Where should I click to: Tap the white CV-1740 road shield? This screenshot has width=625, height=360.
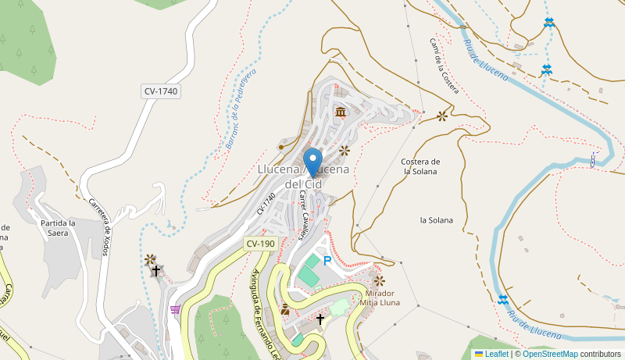pyautogui.click(x=161, y=91)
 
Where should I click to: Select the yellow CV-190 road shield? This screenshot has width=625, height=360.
pyautogui.click(x=260, y=244)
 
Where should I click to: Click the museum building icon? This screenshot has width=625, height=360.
pyautogui.click(x=341, y=112)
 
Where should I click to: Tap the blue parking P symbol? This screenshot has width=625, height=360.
pyautogui.click(x=327, y=262)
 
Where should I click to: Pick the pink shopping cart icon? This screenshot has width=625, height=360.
pyautogui.click(x=175, y=309)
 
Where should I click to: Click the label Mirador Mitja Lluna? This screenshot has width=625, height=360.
pyautogui.click(x=380, y=298)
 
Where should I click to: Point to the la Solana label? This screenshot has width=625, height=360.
pyautogui.click(x=436, y=220)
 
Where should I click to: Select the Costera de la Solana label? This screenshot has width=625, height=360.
pyautogui.click(x=420, y=166)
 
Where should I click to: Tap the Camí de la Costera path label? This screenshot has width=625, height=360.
pyautogui.click(x=443, y=67)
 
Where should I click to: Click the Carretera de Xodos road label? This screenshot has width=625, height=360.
pyautogui.click(x=99, y=226)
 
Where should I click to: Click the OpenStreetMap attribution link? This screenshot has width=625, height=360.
pyautogui.click(x=549, y=354)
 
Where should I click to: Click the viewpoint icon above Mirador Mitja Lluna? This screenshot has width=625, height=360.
pyautogui.click(x=379, y=280)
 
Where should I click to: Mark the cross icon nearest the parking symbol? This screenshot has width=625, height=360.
pyautogui.click(x=320, y=319)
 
